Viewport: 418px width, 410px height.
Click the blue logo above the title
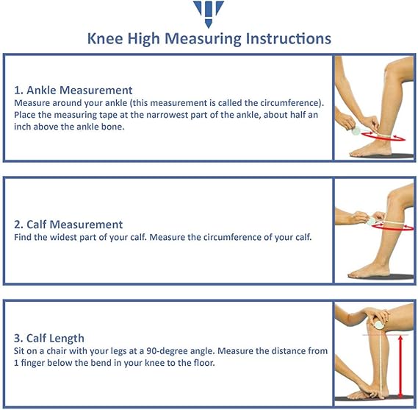(209, 13)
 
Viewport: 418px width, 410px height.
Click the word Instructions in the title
(289, 39)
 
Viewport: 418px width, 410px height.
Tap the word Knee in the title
(105, 39)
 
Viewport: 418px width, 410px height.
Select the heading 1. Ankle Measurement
(73, 91)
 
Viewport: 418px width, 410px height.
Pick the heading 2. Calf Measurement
(68, 225)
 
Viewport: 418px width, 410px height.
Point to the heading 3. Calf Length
(49, 338)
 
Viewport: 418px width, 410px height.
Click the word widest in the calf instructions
(63, 237)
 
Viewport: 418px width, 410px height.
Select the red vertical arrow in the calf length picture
(400, 367)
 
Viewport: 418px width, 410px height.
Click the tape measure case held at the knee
(379, 325)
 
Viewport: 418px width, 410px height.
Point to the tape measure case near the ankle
(356, 131)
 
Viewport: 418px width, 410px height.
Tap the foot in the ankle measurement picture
(370, 150)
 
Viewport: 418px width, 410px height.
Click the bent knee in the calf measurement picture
(394, 199)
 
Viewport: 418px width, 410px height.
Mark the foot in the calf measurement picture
(369, 271)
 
